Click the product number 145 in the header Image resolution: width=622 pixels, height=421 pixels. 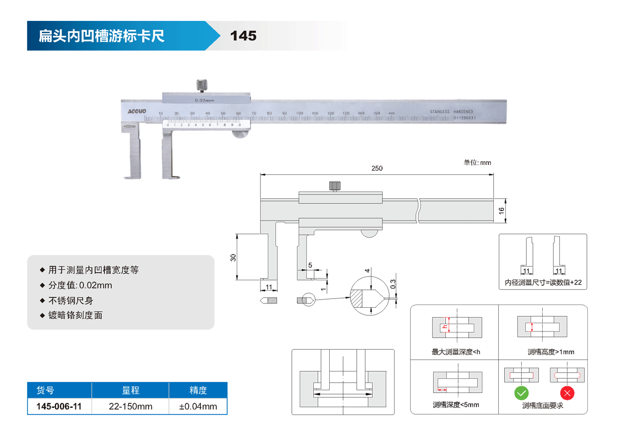click(x=243, y=36)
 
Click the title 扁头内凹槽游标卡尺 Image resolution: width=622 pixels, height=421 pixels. click(x=101, y=36)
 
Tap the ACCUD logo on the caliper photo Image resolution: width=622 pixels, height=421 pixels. click(x=137, y=111)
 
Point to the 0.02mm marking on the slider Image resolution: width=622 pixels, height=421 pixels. click(x=205, y=101)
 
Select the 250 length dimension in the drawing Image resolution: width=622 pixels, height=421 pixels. click(x=377, y=168)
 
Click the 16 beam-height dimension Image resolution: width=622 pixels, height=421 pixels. click(x=501, y=210)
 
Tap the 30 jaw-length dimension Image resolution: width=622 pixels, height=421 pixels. click(x=233, y=257)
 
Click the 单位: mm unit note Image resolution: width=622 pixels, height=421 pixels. click(x=477, y=163)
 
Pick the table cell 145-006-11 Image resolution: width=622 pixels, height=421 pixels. click(x=59, y=407)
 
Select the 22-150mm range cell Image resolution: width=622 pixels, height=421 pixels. click(x=130, y=407)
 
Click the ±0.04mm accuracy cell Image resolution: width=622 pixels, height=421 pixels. click(x=198, y=407)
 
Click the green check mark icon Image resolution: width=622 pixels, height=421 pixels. click(x=521, y=394)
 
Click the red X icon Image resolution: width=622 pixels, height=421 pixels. click(x=567, y=394)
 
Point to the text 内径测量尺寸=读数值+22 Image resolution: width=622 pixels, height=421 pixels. click(x=543, y=282)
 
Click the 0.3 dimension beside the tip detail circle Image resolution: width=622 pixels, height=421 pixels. click(x=392, y=284)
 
